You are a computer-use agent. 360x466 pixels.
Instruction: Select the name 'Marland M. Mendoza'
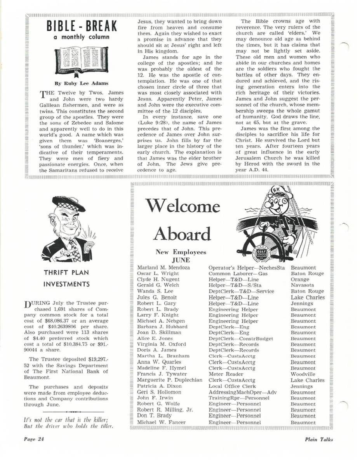coord(163,268)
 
